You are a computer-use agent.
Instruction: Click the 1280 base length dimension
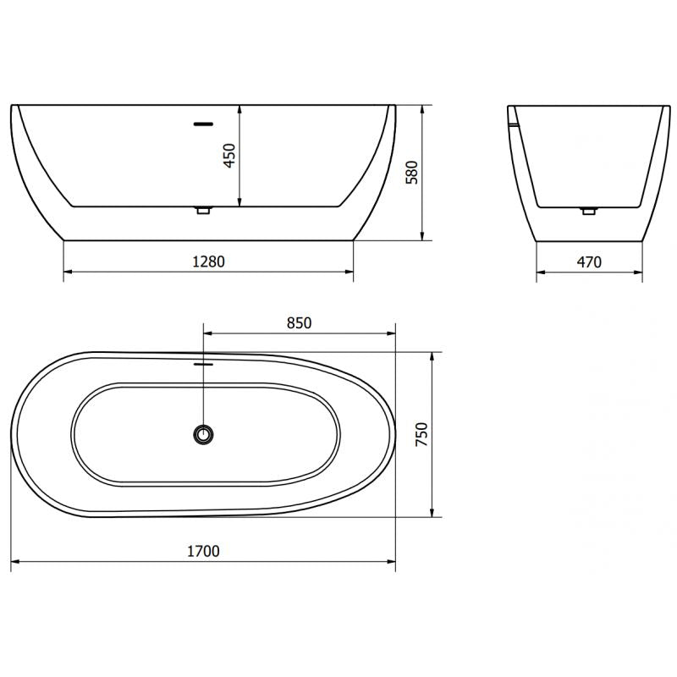[x=208, y=261]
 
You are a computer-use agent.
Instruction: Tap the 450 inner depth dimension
[x=229, y=156]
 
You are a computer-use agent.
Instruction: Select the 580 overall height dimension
[x=412, y=173]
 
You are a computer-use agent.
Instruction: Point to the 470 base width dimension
[x=589, y=261]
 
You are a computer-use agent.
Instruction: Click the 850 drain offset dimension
[x=300, y=323]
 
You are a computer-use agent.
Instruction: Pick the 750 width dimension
[x=421, y=434]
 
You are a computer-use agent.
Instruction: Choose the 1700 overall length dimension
[x=203, y=552]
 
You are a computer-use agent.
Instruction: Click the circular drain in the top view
[x=203, y=434]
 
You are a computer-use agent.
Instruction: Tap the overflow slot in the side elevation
[x=203, y=124]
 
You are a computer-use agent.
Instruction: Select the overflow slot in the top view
[x=203, y=364]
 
